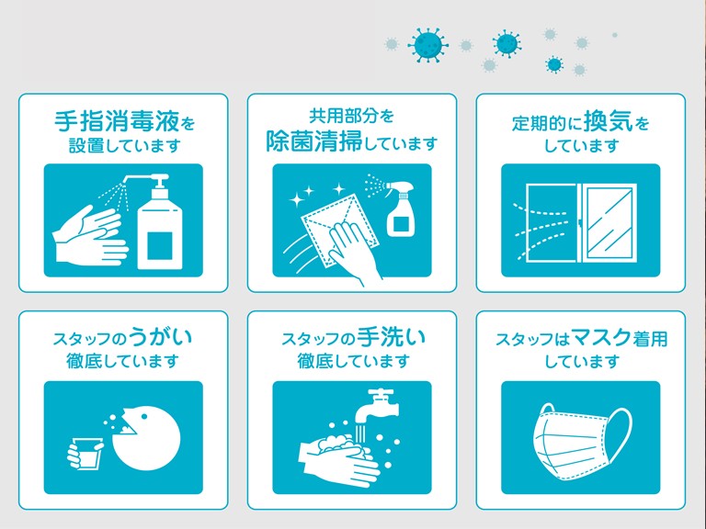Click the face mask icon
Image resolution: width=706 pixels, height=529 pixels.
pos(582,439)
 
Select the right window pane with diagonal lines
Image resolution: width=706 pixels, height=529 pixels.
pos(609,222)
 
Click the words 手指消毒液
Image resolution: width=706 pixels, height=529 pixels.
pos(117,121)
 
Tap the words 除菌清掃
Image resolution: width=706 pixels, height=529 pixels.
pos(313,141)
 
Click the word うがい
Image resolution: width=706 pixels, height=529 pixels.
pos(160,338)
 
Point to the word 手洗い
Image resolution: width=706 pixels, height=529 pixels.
pos(391,338)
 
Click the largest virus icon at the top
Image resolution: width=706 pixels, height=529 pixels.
pos(427,44)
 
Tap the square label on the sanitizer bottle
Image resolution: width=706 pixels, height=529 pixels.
pos(159,246)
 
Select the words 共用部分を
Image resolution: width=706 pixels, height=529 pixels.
pos(351,116)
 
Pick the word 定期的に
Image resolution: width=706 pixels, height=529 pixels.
pos(546,123)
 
